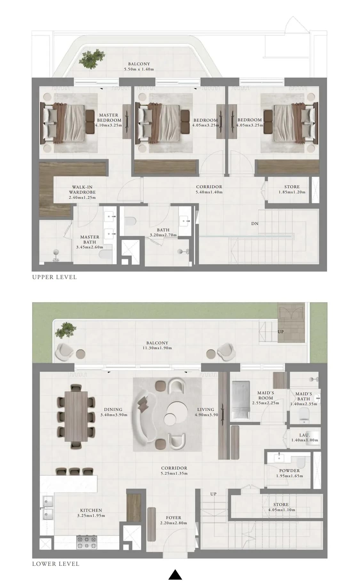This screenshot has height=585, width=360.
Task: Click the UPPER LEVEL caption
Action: coord(54,277)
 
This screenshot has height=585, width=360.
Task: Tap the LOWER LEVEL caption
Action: coord(56,564)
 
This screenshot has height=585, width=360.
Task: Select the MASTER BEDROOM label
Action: coord(109,117)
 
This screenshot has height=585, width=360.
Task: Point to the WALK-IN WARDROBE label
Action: coord(82,189)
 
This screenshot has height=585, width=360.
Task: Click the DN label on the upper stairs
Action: coord(255,224)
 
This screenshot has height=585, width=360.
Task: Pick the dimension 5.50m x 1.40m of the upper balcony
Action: coord(139,69)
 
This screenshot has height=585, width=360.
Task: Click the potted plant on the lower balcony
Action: coord(66,330)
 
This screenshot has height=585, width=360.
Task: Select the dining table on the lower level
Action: coord(76,416)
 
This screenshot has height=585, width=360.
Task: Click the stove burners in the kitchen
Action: coord(86,542)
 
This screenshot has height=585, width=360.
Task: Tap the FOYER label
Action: coord(173,518)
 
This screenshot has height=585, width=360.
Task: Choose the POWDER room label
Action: coord(289,471)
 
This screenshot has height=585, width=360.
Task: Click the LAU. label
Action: coord(305,435)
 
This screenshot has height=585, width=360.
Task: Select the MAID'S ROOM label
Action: coord(266,395)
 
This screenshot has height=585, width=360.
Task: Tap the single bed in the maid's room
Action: coord(241,400)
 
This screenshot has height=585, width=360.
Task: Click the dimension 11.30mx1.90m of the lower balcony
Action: coord(157,348)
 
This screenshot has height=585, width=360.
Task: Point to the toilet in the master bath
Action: coord(105,254)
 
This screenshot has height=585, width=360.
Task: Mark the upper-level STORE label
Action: coord(292,187)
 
